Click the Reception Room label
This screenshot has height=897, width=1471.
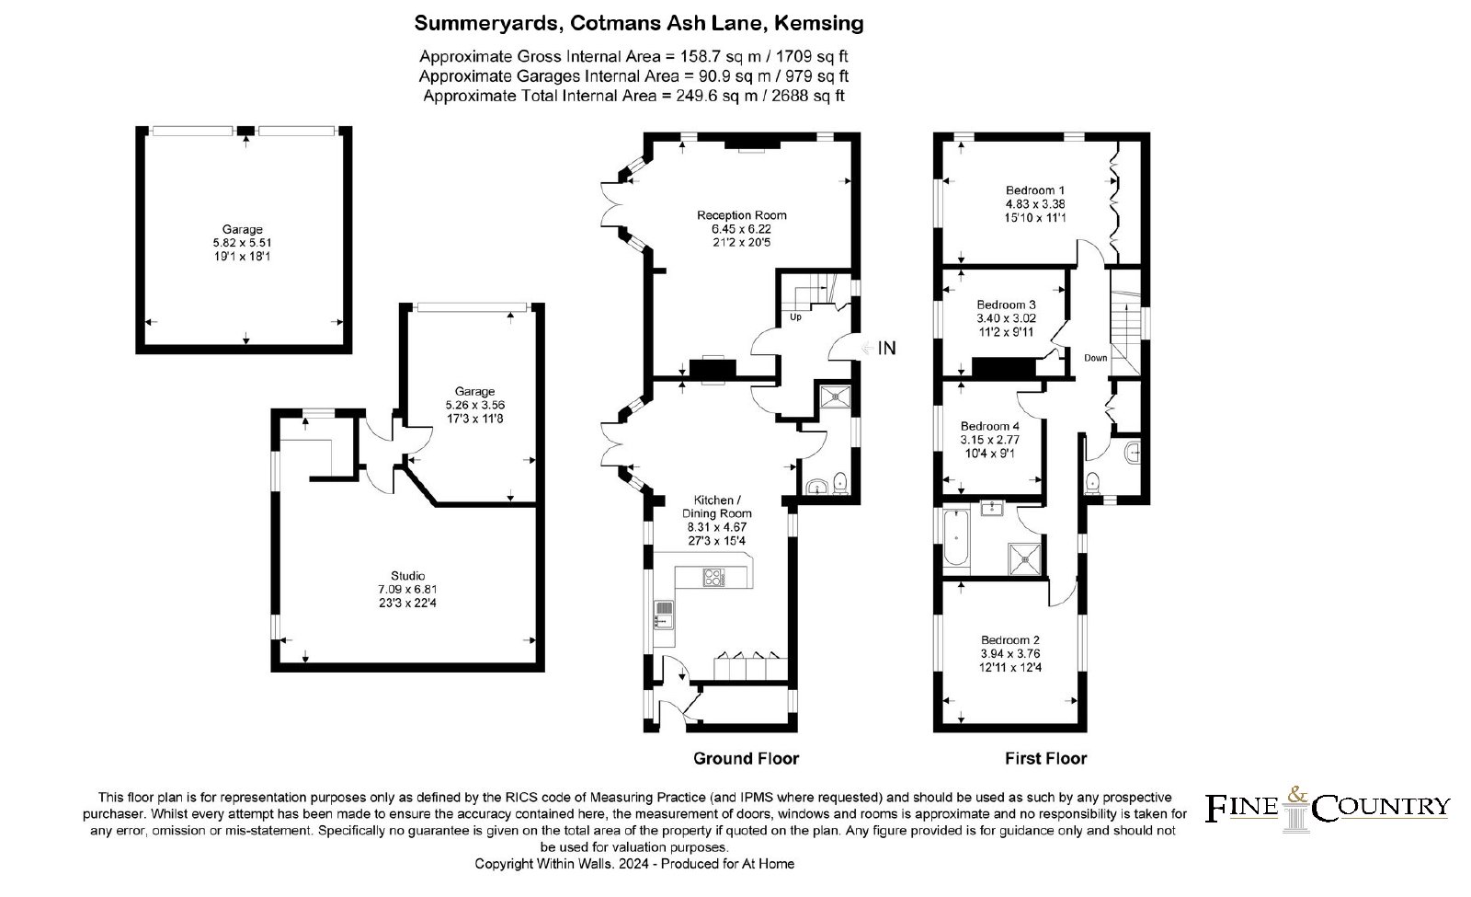pyautogui.click(x=741, y=215)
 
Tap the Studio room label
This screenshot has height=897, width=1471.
pyautogui.click(x=408, y=576)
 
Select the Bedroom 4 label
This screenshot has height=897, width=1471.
pyautogui.click(x=989, y=426)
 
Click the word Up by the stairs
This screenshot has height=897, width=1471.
pyautogui.click(x=795, y=316)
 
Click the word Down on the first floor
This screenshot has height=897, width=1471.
pyautogui.click(x=1095, y=358)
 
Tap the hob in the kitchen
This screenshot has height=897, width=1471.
pyautogui.click(x=713, y=577)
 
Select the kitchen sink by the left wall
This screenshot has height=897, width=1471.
pyautogui.click(x=664, y=615)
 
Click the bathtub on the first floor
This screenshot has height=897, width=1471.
pyautogui.click(x=956, y=537)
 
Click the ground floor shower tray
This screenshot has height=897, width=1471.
pyautogui.click(x=836, y=397)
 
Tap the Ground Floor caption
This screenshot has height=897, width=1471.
pyautogui.click(x=746, y=758)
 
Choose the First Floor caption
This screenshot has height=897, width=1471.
pyautogui.click(x=1045, y=758)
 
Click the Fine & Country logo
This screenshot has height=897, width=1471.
pyautogui.click(x=1328, y=810)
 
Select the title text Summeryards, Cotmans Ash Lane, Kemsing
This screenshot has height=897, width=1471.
pyautogui.click(x=639, y=24)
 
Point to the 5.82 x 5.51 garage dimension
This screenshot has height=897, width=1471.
pyautogui.click(x=243, y=243)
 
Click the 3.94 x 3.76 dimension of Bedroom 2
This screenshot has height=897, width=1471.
pyautogui.click(x=1010, y=654)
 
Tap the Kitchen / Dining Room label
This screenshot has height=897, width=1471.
pyautogui.click(x=716, y=507)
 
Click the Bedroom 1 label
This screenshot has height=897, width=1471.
pyautogui.click(x=1035, y=190)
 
